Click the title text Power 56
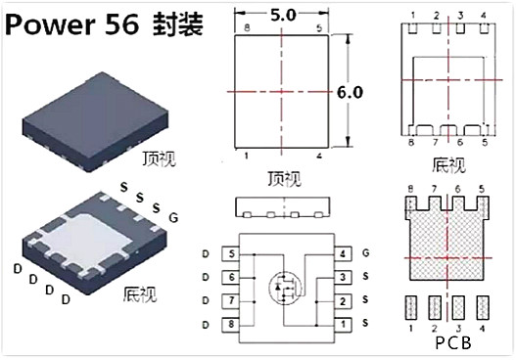coord(74,25)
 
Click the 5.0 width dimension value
coord(283,15)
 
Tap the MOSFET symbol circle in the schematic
coord(285,289)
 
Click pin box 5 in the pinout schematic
coord(231,254)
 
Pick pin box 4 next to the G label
coord(344,254)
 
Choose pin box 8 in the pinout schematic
coord(231,324)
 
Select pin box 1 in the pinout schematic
coord(344,324)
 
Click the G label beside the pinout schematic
coord(366,254)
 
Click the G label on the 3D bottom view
coord(173,217)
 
